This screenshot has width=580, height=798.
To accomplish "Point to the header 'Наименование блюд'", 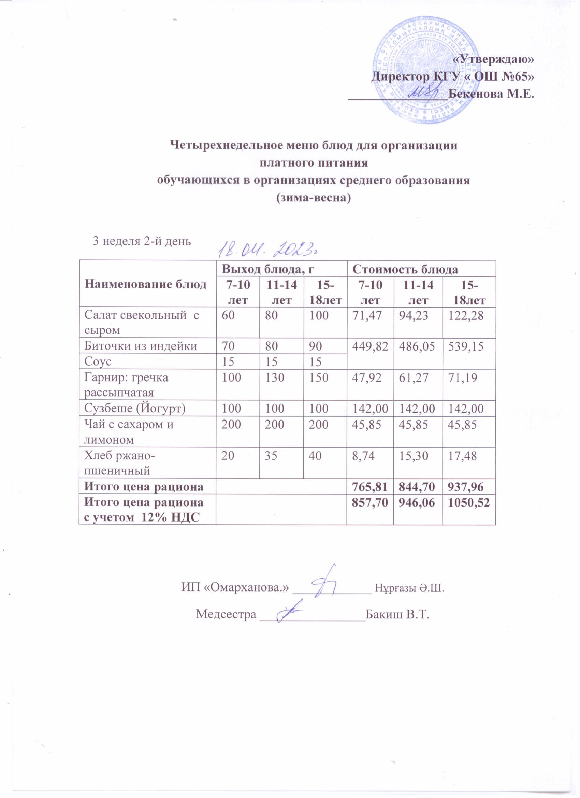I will (145, 284).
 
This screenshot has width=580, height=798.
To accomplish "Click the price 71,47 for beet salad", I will (365, 315).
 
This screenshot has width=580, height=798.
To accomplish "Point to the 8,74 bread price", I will (362, 456).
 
